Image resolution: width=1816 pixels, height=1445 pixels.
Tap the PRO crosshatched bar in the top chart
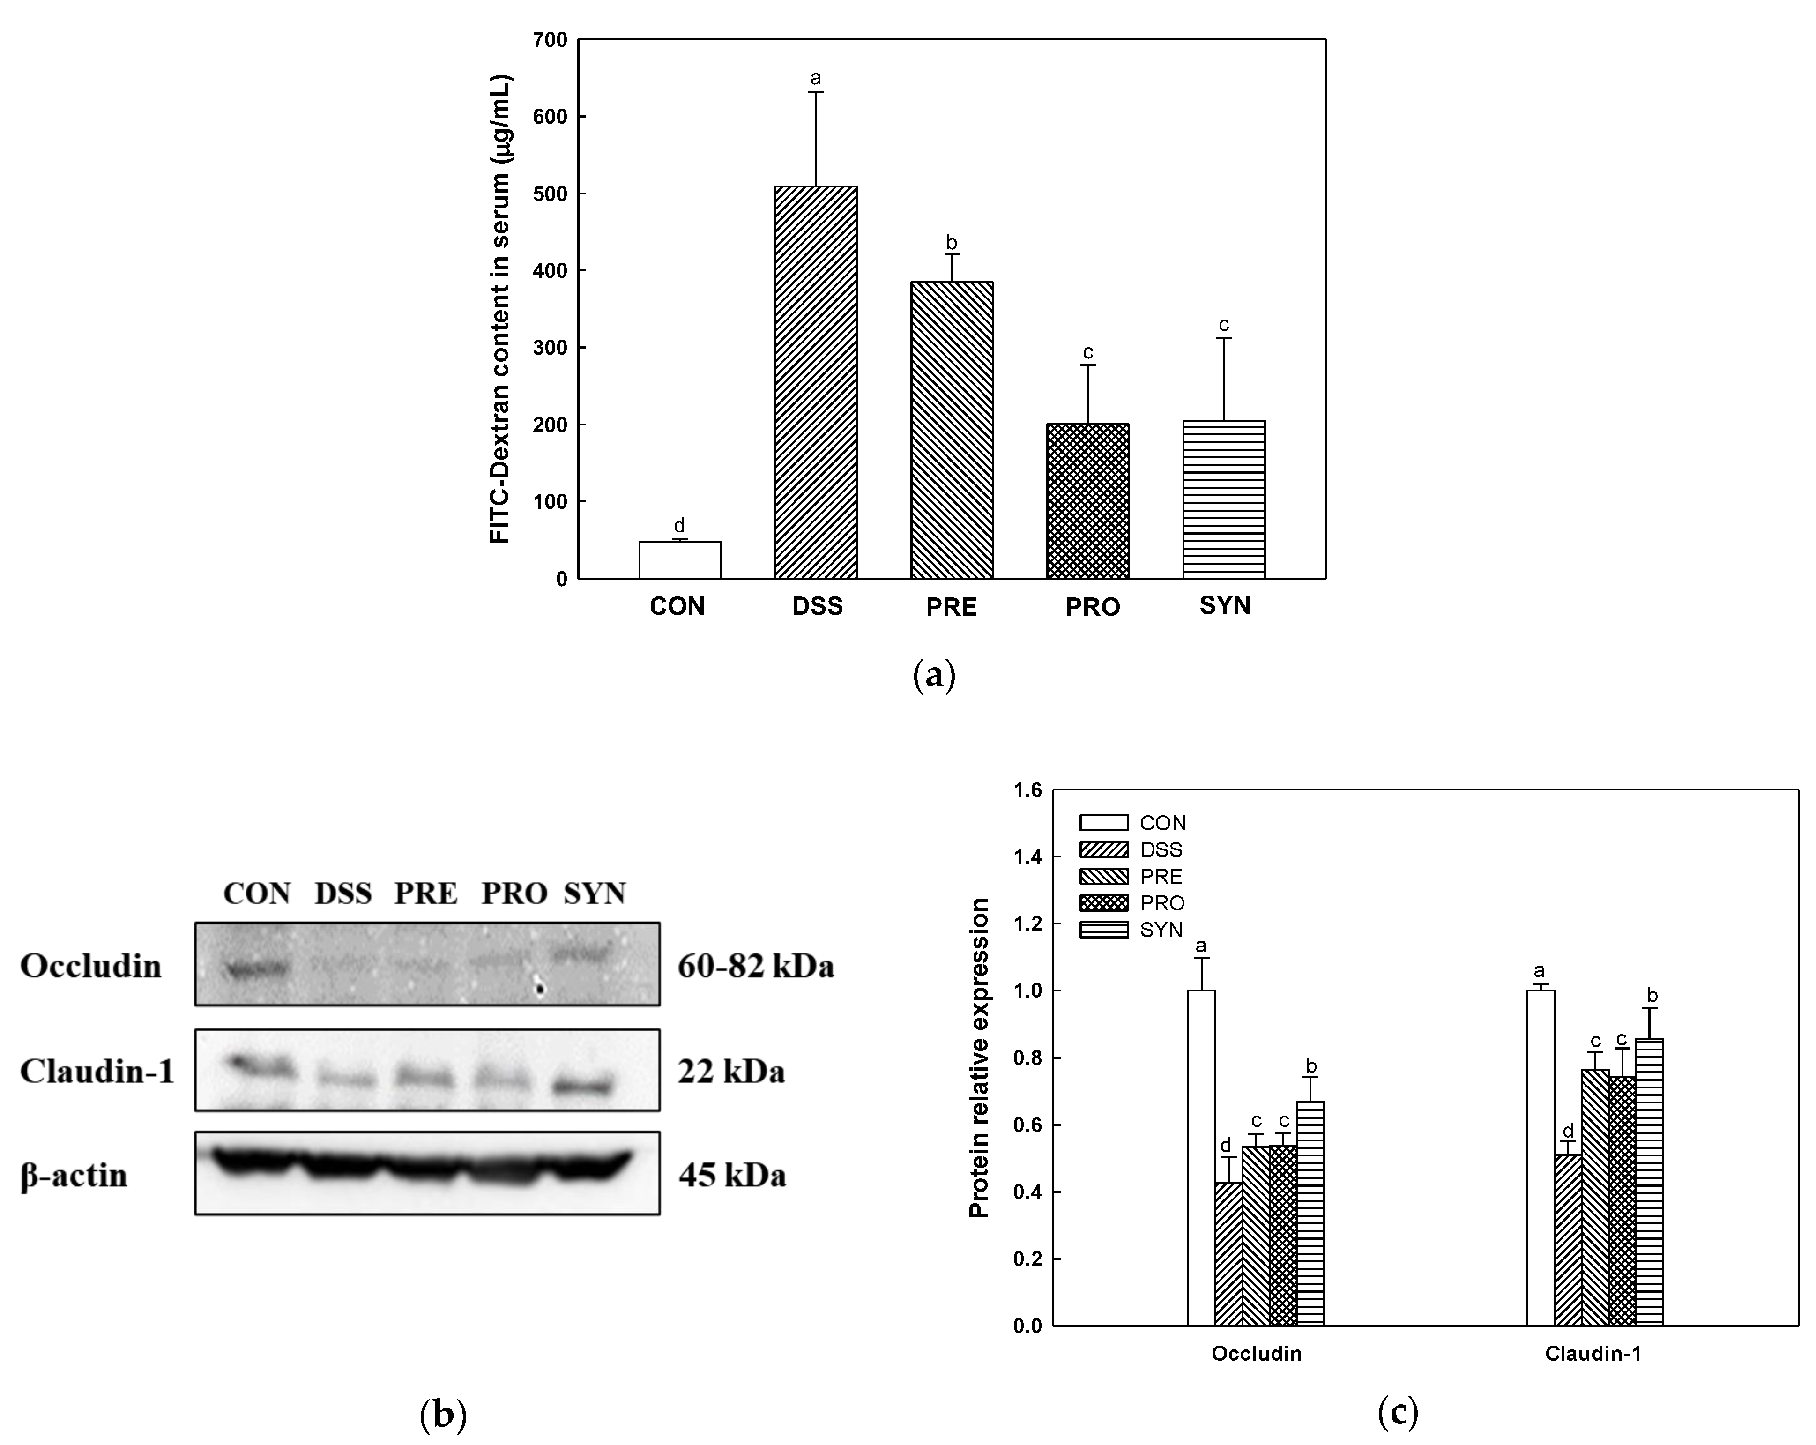[x=1087, y=501]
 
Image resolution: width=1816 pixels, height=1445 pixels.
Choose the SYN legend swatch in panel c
[x=1103, y=930]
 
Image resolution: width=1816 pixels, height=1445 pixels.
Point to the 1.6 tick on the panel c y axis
[x=1027, y=790]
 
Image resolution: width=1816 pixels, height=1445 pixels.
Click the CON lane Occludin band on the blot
[x=256, y=971]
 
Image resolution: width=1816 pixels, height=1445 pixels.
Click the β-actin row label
[x=74, y=1176]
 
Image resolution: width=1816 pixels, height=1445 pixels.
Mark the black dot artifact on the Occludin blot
[x=541, y=988]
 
